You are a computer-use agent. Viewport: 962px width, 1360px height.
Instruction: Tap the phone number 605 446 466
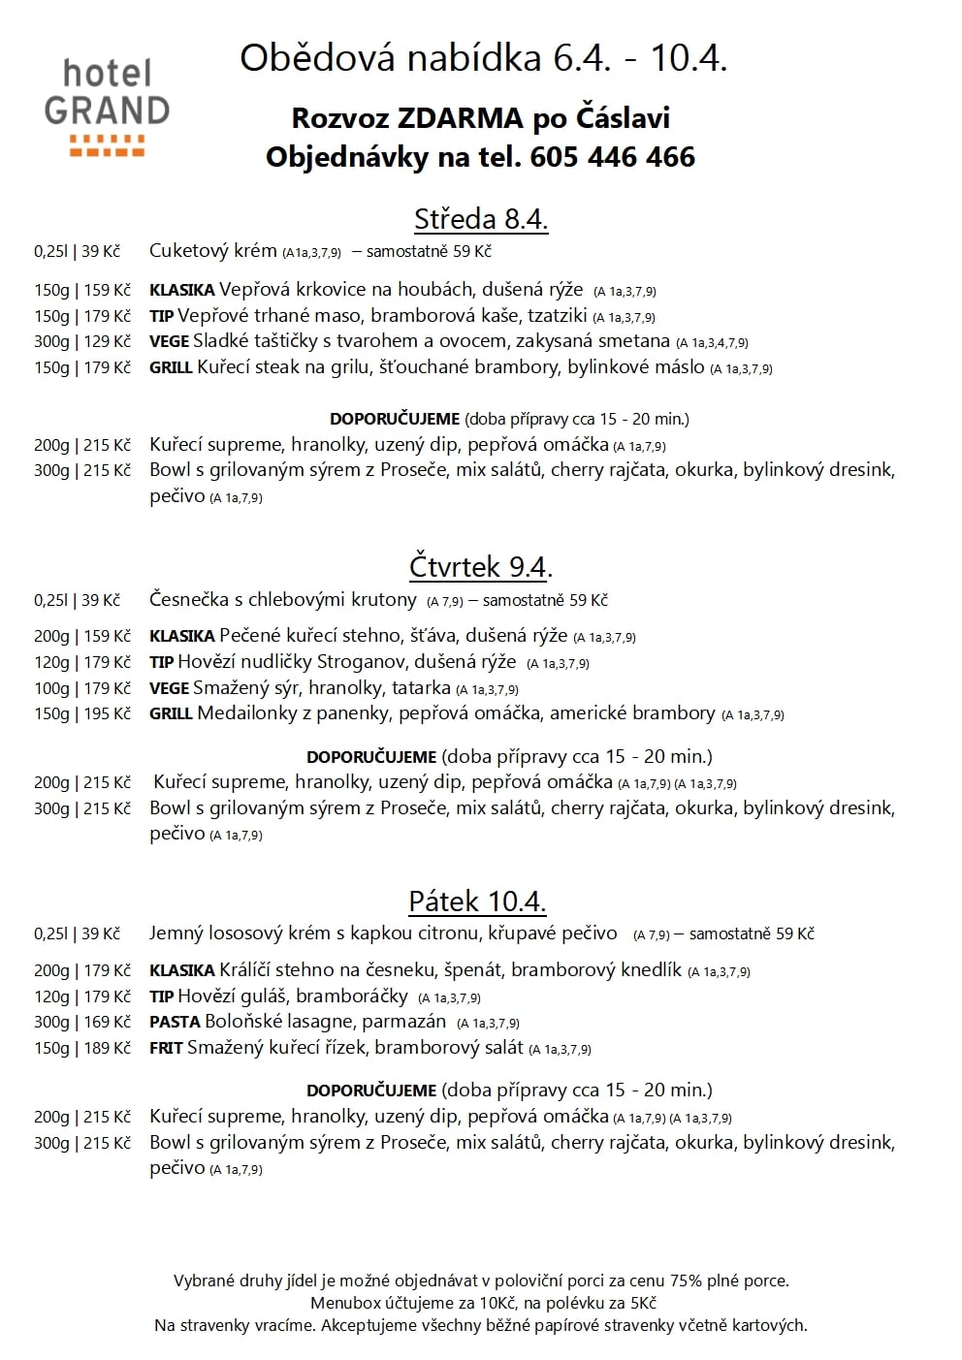[x=612, y=157]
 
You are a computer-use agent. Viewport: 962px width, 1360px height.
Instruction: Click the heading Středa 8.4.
[x=481, y=220]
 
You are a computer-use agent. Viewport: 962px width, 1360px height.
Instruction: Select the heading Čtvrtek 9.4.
[x=480, y=566]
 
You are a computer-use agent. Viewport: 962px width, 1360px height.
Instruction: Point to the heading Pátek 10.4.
[x=477, y=901]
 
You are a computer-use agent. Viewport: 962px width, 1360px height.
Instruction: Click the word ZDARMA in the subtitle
[x=462, y=118]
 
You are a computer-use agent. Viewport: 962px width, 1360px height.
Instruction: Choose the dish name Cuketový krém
[x=212, y=251]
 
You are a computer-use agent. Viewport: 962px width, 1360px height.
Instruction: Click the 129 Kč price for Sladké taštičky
[x=108, y=342]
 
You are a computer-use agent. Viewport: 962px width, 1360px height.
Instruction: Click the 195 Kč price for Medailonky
[x=108, y=714]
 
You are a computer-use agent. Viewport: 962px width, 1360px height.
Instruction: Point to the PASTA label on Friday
[x=175, y=1023]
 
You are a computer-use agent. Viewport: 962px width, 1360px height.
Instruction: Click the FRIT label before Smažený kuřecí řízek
[x=166, y=1049]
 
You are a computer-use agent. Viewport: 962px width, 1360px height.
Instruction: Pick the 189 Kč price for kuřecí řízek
[x=108, y=1049]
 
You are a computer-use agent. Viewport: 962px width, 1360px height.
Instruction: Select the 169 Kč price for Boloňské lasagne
[x=108, y=1023]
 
